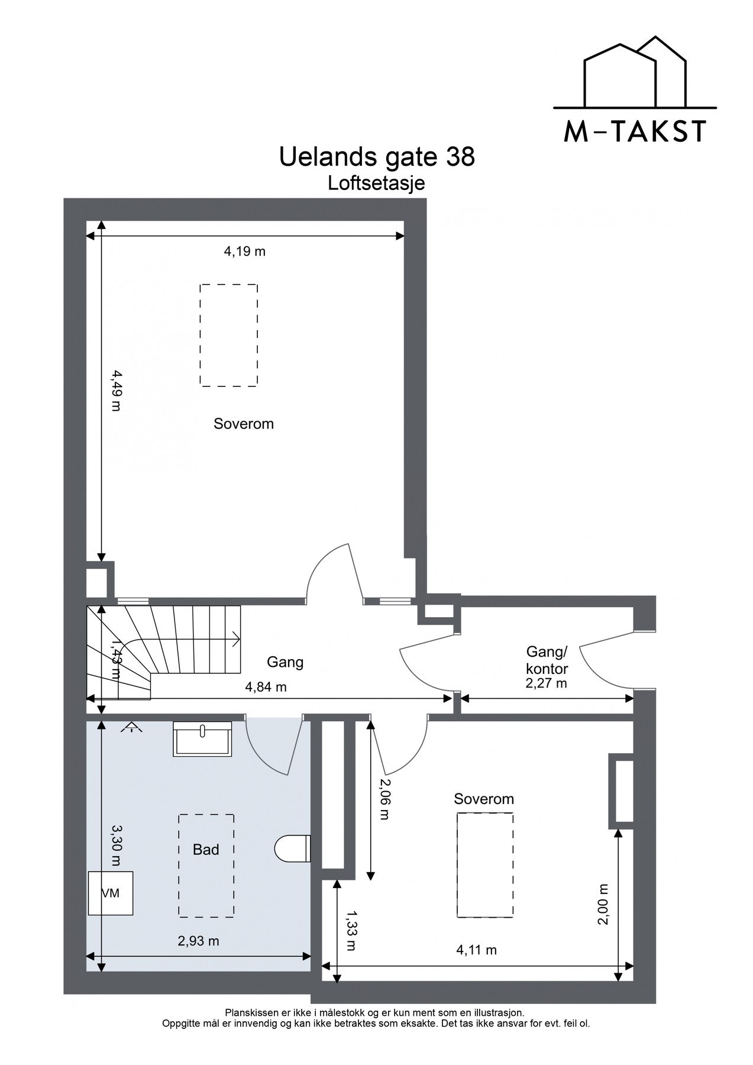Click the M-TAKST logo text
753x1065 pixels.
635,132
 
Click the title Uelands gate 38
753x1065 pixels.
376,157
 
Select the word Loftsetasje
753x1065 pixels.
376,184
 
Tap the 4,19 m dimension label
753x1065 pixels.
244,251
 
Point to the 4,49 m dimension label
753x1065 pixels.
116,390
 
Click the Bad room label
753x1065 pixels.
206,850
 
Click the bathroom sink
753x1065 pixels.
202,738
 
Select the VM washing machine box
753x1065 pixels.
110,893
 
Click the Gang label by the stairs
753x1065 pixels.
285,662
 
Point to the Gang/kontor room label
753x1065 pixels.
547,661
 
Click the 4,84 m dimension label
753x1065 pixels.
266,687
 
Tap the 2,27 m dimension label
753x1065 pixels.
546,683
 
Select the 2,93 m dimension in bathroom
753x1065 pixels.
198,941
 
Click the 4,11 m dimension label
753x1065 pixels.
476,950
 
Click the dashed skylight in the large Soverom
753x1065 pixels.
228,335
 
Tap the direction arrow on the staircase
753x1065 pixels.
235,639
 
